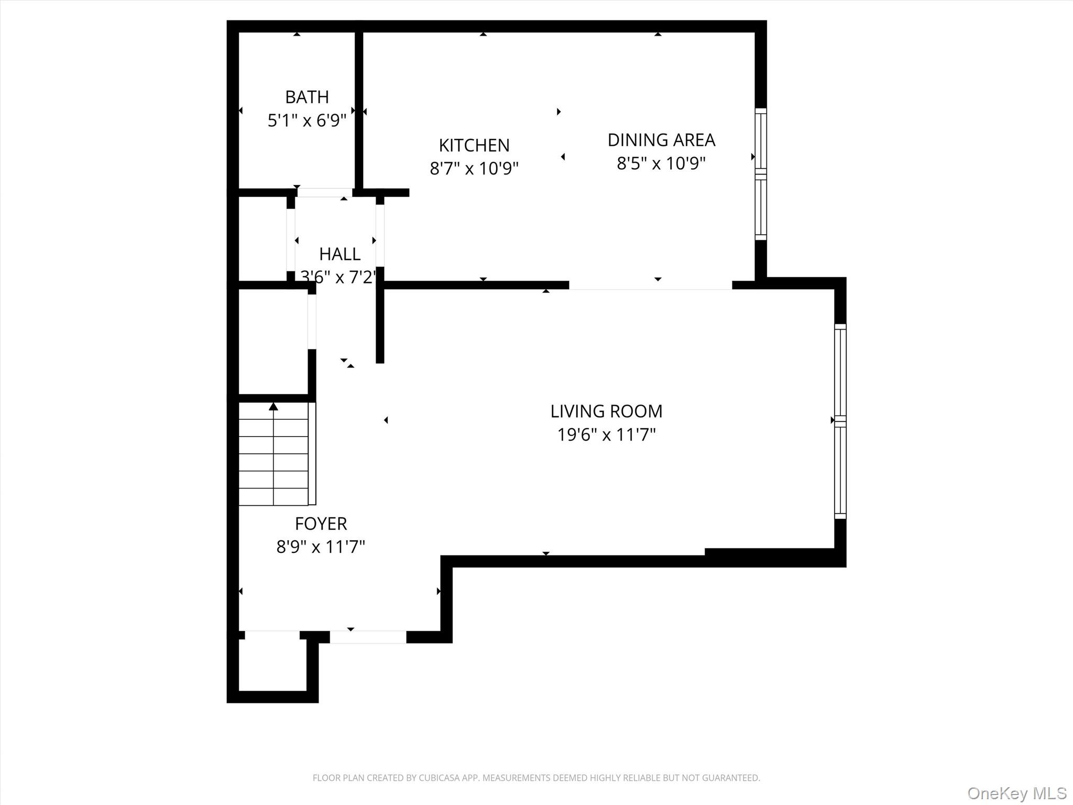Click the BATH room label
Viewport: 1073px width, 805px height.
click(307, 97)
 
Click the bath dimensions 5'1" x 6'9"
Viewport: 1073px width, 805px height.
click(307, 121)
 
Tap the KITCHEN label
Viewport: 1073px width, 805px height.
click(474, 145)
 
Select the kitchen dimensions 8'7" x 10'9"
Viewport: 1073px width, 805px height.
click(474, 168)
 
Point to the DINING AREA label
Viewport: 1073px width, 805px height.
click(661, 140)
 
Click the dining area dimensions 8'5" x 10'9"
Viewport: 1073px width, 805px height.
click(661, 164)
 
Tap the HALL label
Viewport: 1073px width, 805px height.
click(340, 254)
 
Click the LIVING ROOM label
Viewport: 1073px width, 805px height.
click(606, 411)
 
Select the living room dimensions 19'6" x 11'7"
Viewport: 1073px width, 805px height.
click(606, 435)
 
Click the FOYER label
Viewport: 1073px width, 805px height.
click(321, 524)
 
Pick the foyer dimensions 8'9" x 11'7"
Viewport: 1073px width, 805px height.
click(321, 547)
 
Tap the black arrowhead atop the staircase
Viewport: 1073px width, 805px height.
click(273, 407)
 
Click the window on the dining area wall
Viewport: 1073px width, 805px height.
click(760, 174)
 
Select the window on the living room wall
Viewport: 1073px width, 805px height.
click(840, 421)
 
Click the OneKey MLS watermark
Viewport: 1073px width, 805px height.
click(1016, 793)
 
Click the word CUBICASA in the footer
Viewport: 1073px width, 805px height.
click(439, 778)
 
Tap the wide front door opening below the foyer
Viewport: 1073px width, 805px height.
click(368, 637)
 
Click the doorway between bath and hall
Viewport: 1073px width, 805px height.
click(325, 193)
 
